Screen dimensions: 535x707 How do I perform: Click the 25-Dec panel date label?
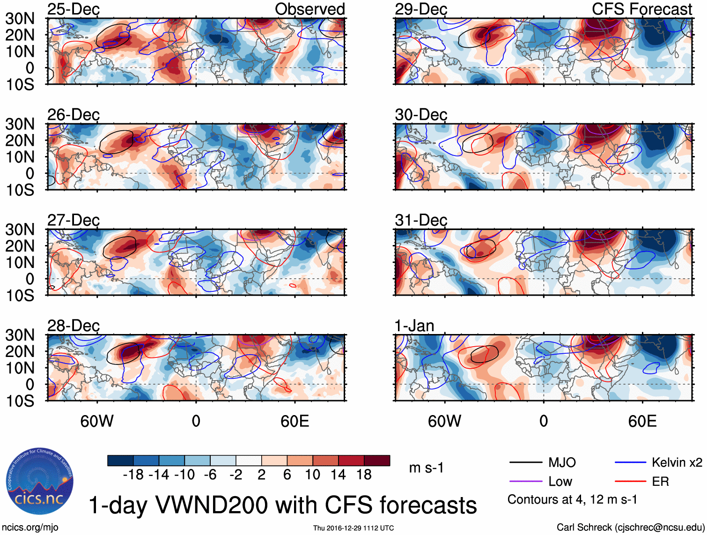pyautogui.click(x=74, y=9)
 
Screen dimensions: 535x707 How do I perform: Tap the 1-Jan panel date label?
pyautogui.click(x=414, y=326)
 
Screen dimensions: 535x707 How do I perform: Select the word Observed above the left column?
pyautogui.click(x=309, y=9)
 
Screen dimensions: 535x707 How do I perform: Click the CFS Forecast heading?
pyautogui.click(x=641, y=9)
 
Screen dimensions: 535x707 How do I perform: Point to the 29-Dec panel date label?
pyautogui.click(x=421, y=9)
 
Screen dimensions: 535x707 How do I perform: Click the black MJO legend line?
pyautogui.click(x=525, y=463)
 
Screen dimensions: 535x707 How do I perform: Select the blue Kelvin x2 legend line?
pyautogui.click(x=630, y=463)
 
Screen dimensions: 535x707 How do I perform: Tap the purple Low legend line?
pyautogui.click(x=525, y=481)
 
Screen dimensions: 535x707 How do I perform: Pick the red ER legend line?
pyautogui.click(x=630, y=481)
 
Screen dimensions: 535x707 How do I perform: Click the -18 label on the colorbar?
pyautogui.click(x=133, y=475)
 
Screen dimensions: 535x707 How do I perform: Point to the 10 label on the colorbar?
pyautogui.click(x=312, y=475)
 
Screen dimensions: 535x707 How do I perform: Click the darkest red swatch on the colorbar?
pyautogui.click(x=377, y=461)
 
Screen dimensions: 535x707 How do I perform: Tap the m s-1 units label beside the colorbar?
pyautogui.click(x=426, y=468)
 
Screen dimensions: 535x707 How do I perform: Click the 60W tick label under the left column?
pyautogui.click(x=97, y=421)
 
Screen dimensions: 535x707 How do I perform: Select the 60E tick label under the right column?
pyautogui.click(x=642, y=421)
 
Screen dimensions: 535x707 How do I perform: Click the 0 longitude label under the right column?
pyautogui.click(x=544, y=421)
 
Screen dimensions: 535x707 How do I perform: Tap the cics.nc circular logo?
pyautogui.click(x=40, y=481)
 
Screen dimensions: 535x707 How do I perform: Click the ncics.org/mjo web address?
pyautogui.click(x=30, y=528)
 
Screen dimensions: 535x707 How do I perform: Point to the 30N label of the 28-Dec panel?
pyautogui.click(x=20, y=335)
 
